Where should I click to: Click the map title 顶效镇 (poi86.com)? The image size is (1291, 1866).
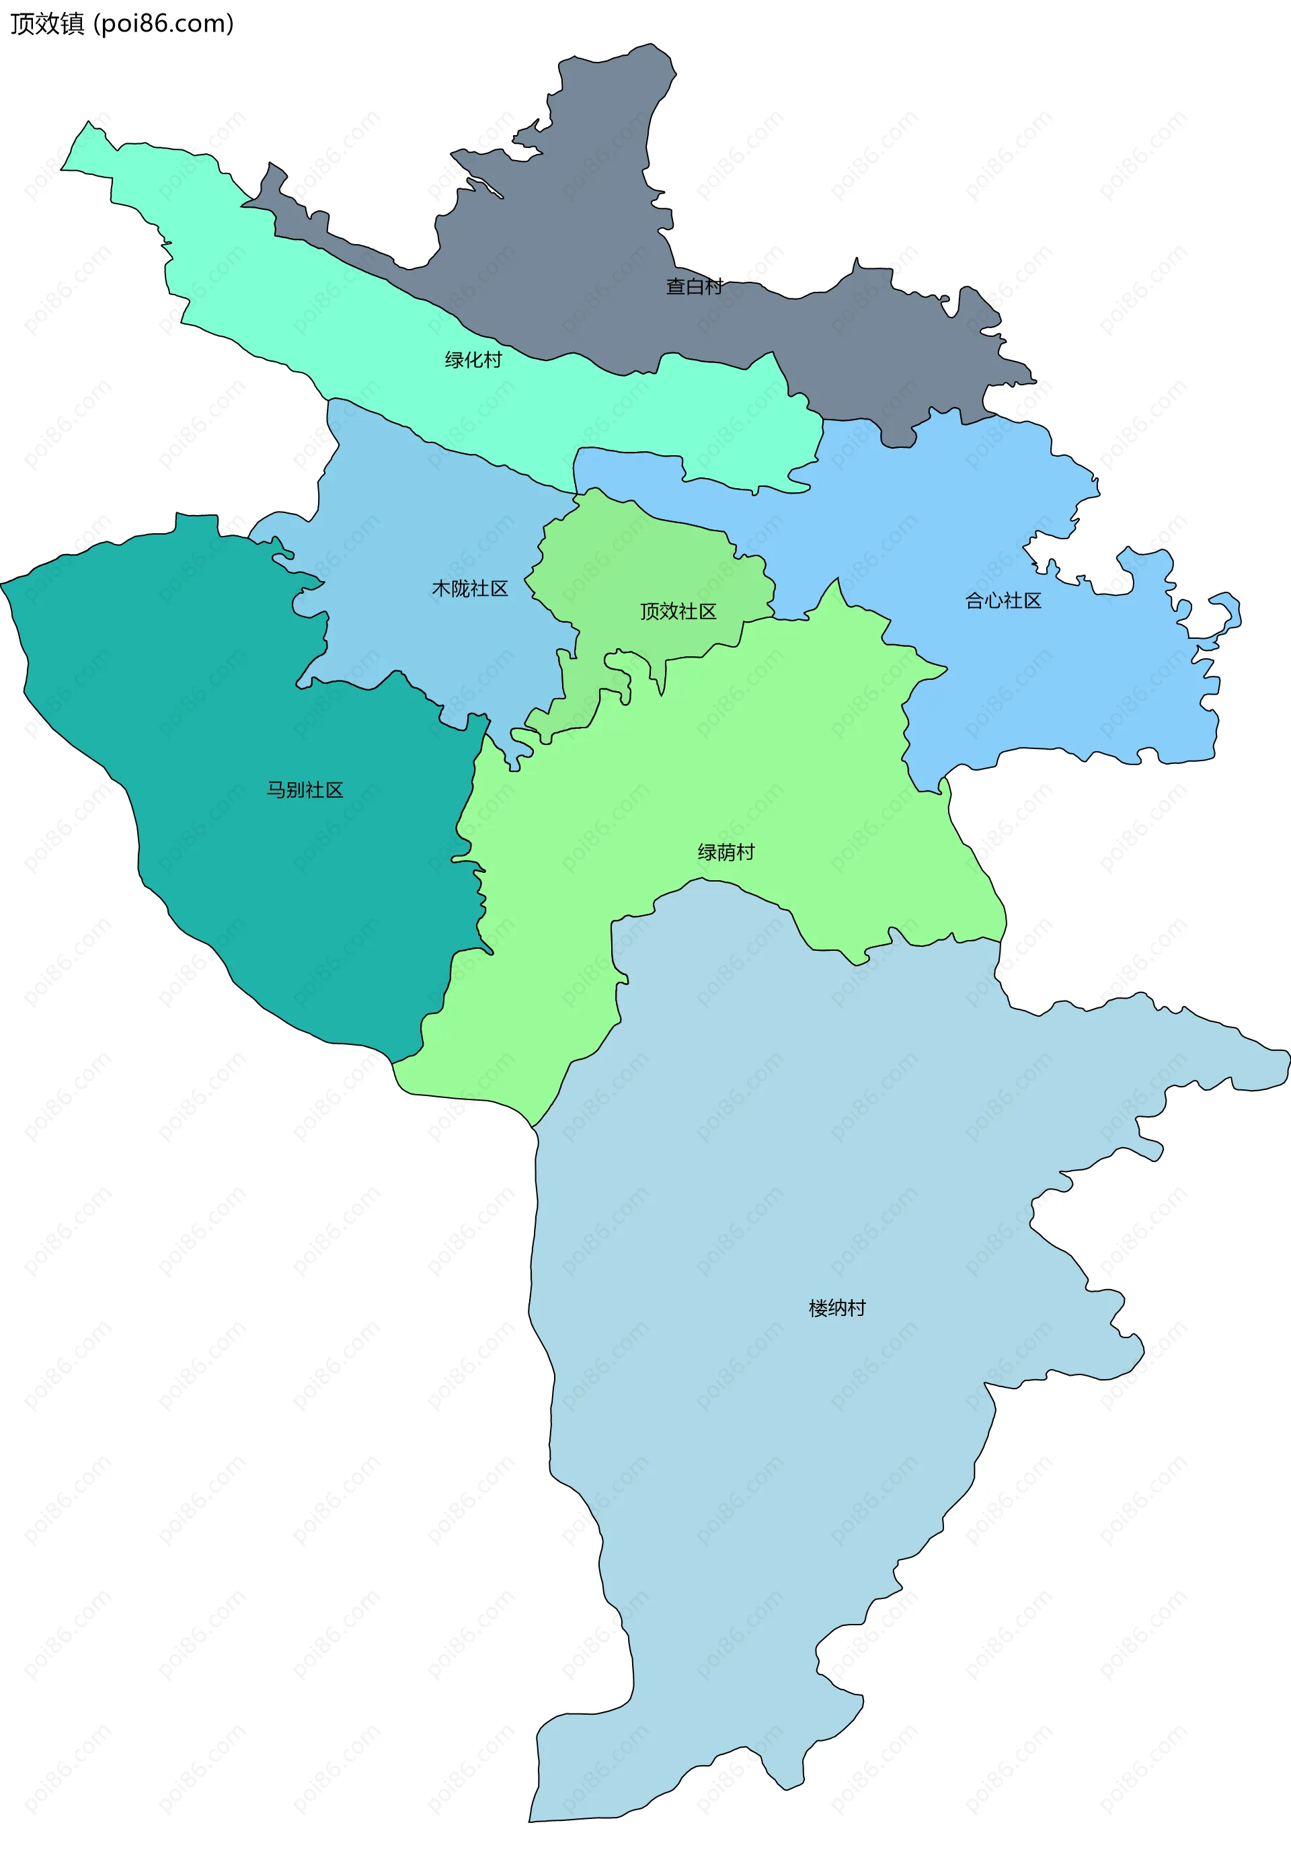pos(121,24)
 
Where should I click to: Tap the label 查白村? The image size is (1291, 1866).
pos(693,286)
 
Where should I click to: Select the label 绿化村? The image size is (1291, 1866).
pos(473,360)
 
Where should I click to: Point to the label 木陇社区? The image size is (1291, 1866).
pos(470,589)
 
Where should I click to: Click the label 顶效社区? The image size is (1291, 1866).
pos(678,611)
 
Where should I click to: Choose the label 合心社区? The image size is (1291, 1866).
pos(1003,601)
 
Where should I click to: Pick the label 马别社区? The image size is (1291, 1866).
pos(305,790)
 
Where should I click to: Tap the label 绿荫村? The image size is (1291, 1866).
pos(726,853)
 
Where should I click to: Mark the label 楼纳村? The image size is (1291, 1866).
pos(837,1308)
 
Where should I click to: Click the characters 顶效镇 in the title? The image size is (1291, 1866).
pos(47,24)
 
